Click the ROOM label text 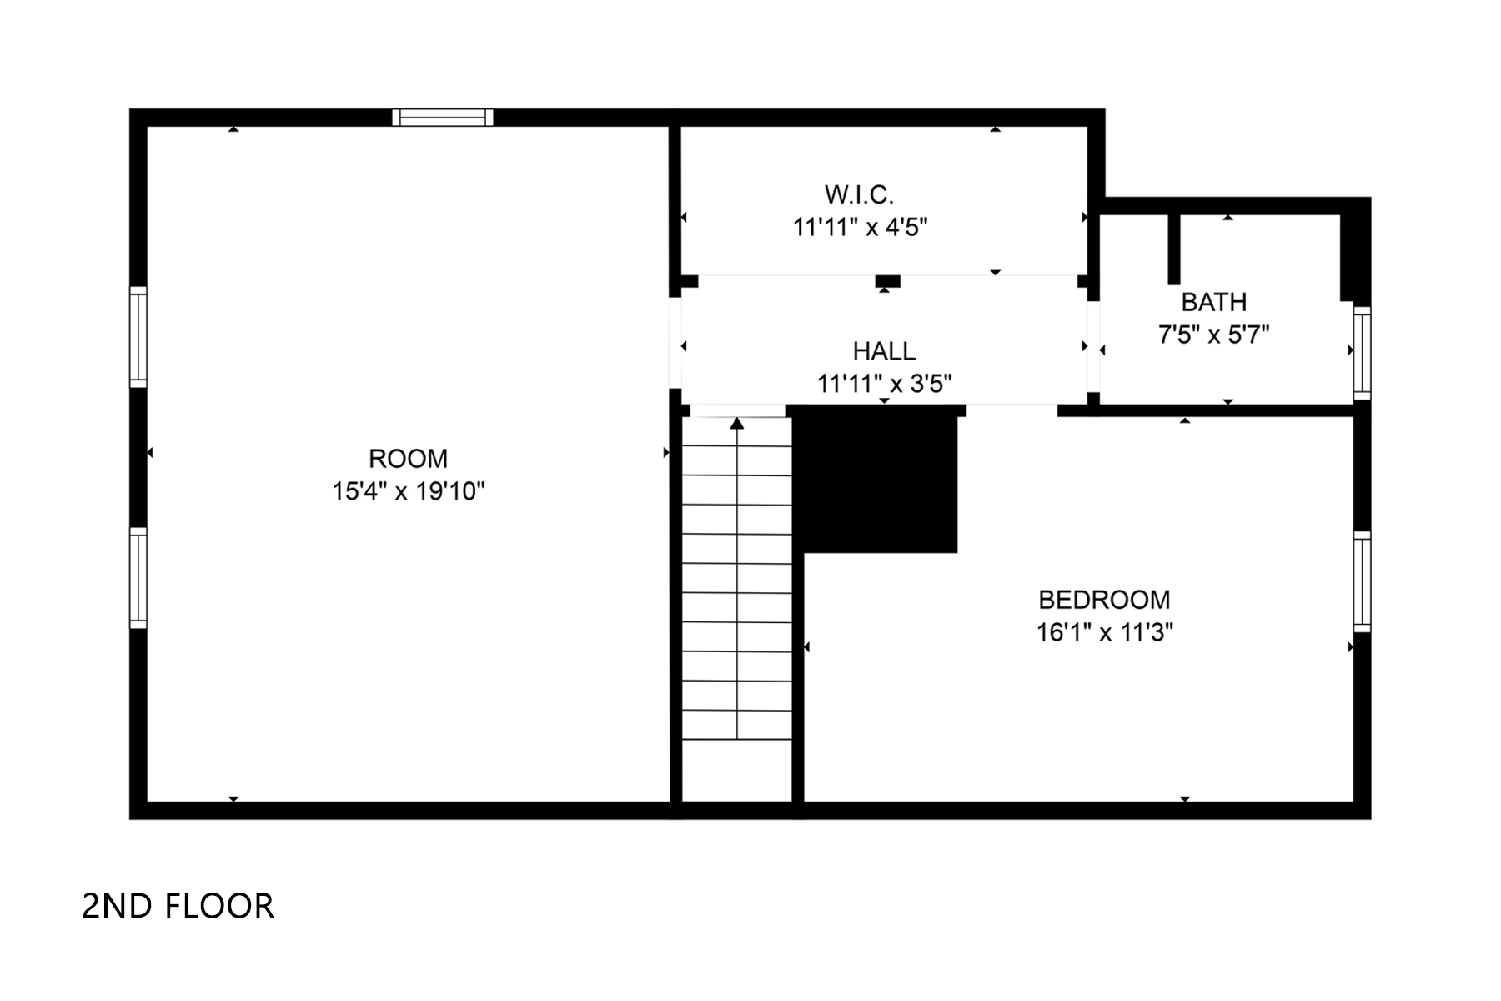pyautogui.click(x=408, y=459)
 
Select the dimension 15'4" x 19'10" pyautogui.click(x=408, y=491)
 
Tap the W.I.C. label pyautogui.click(x=859, y=194)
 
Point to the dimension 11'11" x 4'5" pyautogui.click(x=860, y=227)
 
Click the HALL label pyautogui.click(x=884, y=351)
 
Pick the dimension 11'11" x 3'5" pyautogui.click(x=884, y=384)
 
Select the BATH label pyautogui.click(x=1213, y=302)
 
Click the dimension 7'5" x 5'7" pyautogui.click(x=1213, y=335)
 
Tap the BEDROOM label pyautogui.click(x=1104, y=600)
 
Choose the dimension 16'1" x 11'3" pyautogui.click(x=1104, y=633)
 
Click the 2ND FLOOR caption pyautogui.click(x=178, y=906)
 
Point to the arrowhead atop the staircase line pyautogui.click(x=737, y=424)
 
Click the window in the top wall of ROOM pyautogui.click(x=443, y=118)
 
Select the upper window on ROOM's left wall pyautogui.click(x=138, y=337)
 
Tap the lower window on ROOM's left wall pyautogui.click(x=138, y=577)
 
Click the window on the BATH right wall pyautogui.click(x=1362, y=353)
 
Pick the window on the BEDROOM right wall pyautogui.click(x=1362, y=581)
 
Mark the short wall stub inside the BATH pyautogui.click(x=1174, y=249)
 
